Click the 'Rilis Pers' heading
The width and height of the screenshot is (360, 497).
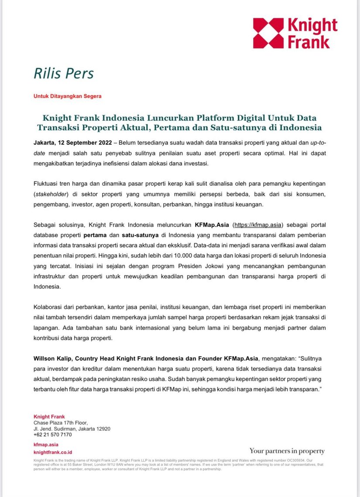point(64,73)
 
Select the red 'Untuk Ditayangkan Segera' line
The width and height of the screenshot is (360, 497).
point(67,96)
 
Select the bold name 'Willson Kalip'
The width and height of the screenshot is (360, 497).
point(52,358)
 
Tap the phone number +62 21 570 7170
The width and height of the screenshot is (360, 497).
point(52,435)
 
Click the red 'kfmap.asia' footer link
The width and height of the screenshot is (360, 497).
point(46,445)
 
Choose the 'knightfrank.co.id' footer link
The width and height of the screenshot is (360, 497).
point(53,453)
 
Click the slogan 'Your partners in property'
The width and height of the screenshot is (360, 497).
point(287,451)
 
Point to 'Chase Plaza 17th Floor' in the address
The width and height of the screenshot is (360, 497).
point(61,422)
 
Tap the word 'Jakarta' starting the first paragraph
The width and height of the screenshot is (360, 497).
point(45,143)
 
